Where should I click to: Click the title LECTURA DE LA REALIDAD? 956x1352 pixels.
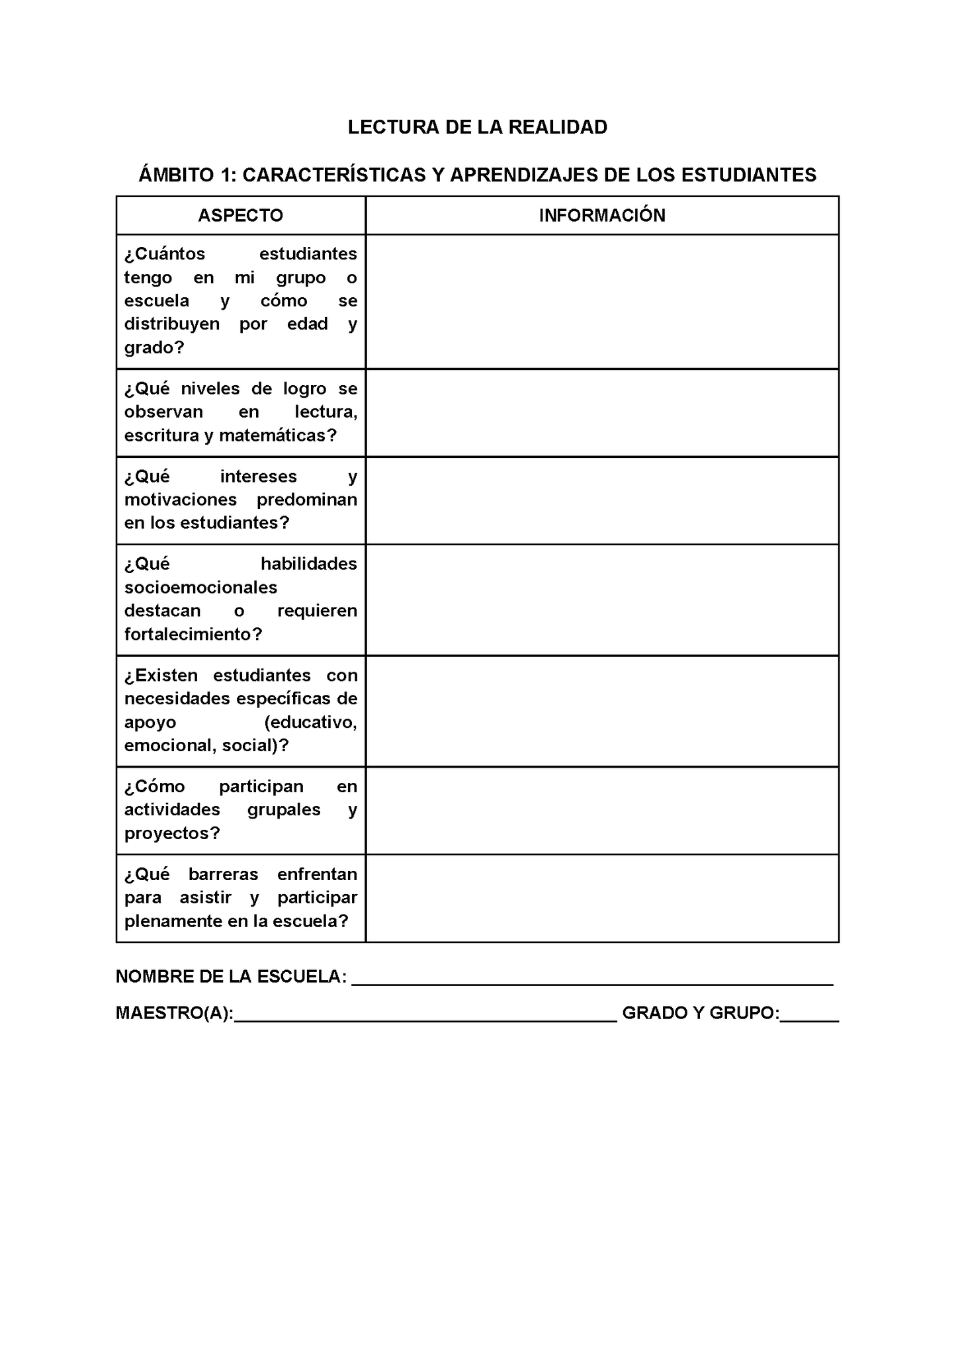point(477,127)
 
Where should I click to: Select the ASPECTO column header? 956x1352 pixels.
point(240,215)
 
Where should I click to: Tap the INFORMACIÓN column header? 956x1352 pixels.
point(602,215)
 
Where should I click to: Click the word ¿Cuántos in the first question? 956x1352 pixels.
point(165,253)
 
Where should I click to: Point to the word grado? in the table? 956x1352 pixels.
point(154,347)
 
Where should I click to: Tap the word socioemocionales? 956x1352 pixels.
point(201,587)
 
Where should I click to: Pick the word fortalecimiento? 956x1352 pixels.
point(193,634)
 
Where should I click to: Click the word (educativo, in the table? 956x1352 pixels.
point(310,722)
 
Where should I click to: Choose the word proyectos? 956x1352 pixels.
point(172,833)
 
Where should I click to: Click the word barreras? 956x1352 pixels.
point(223,874)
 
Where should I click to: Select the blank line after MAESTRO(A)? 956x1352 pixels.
point(425,1014)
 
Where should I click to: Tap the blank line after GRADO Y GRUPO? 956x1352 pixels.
point(809,1014)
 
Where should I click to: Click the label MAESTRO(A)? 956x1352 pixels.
point(175,1013)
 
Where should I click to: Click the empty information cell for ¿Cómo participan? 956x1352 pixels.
point(602,810)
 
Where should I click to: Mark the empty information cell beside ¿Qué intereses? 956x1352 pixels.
point(602,500)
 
